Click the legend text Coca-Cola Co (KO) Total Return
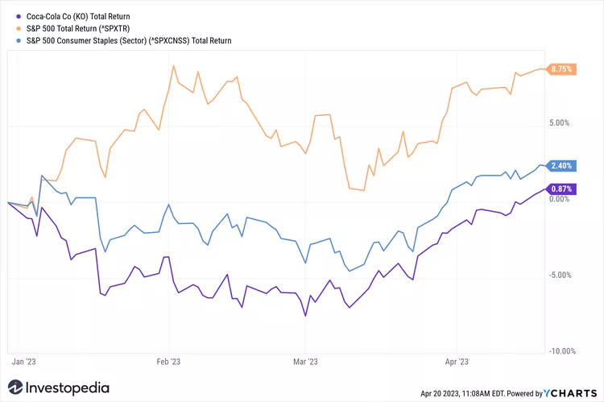78,15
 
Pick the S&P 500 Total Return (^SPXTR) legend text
87,27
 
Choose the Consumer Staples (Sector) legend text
129,39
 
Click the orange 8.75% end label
561,69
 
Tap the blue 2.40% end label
561,166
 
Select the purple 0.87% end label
561,189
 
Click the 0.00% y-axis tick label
559,200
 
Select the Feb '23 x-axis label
168,362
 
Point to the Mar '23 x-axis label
307,362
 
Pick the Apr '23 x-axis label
457,362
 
